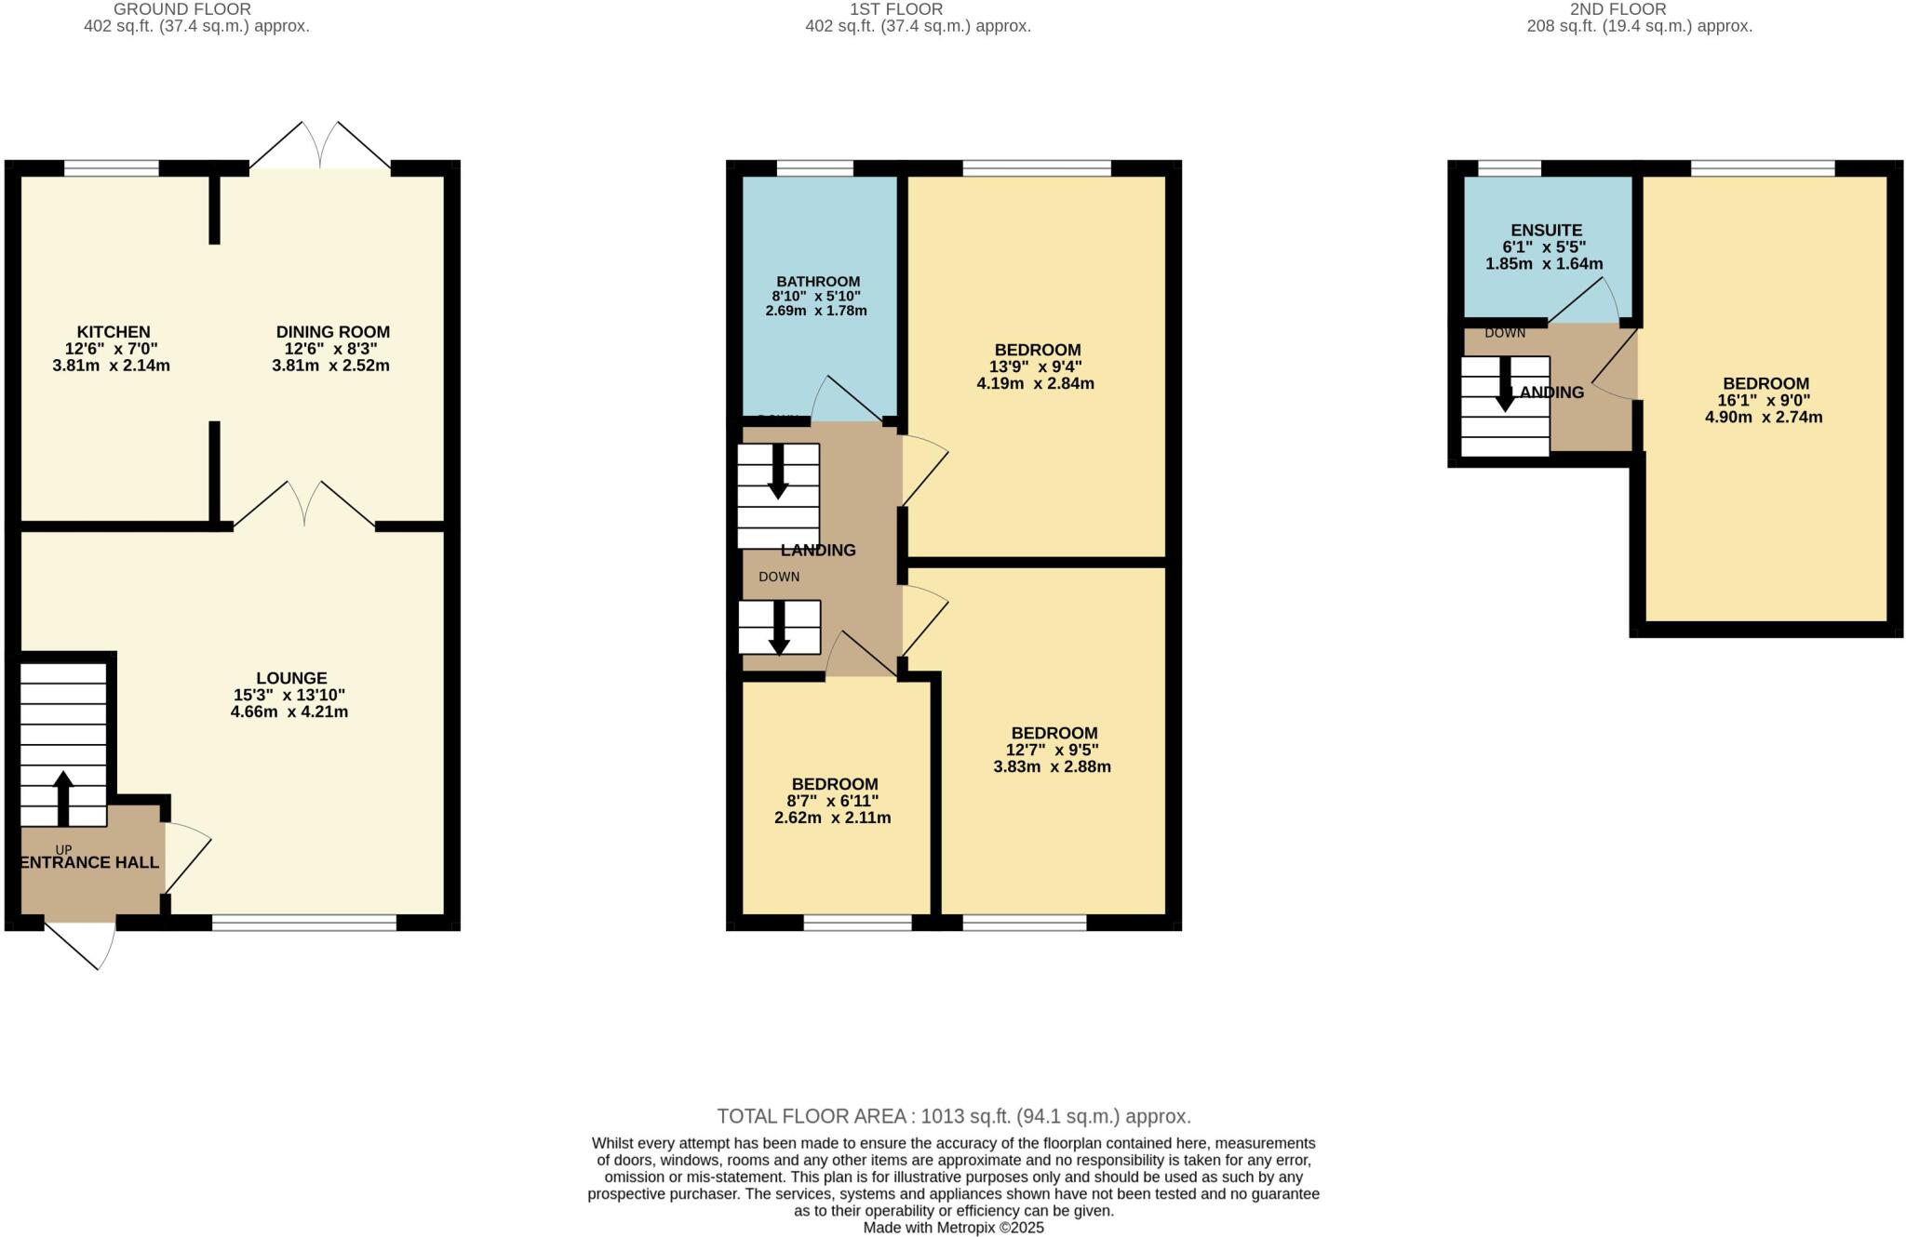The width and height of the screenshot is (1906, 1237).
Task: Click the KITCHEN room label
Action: [x=113, y=332]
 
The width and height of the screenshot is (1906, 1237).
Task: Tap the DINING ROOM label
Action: [x=332, y=332]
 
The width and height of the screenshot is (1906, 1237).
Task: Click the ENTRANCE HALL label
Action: [x=89, y=863]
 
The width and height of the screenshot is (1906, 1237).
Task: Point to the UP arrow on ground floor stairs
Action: [x=63, y=797]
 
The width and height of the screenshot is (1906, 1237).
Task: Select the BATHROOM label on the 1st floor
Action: [x=818, y=282]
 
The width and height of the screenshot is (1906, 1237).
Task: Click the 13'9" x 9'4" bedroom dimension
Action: [x=1035, y=367]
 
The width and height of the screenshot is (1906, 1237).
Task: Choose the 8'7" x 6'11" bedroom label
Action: [x=832, y=802]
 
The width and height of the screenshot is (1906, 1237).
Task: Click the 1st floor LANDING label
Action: [x=818, y=551]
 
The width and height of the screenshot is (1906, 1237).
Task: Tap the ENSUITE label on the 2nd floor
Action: [x=1546, y=231]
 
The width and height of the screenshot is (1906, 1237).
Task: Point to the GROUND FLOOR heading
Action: [x=182, y=9]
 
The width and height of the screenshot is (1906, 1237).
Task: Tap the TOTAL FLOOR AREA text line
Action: [x=953, y=1116]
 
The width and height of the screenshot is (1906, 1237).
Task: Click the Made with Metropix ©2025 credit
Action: [x=953, y=1228]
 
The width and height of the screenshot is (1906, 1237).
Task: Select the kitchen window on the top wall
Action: [x=112, y=169]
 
